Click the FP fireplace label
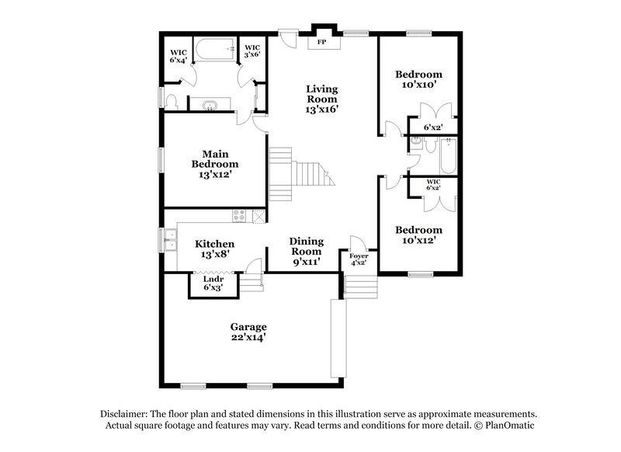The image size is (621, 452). click(x=321, y=43)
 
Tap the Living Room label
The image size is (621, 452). click(x=321, y=99)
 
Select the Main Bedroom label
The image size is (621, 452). click(x=215, y=164)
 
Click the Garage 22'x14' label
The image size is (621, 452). click(x=248, y=332)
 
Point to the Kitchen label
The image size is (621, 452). click(x=214, y=249)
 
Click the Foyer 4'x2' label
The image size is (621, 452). click(x=359, y=259)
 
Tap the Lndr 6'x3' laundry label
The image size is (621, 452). click(x=214, y=283)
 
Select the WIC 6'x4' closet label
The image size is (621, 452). click(x=179, y=56)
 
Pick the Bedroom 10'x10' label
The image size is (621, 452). click(x=419, y=79)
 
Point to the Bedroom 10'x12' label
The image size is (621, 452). click(x=419, y=235)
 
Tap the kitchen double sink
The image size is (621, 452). click(x=168, y=241)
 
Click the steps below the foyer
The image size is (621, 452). click(x=359, y=287)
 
